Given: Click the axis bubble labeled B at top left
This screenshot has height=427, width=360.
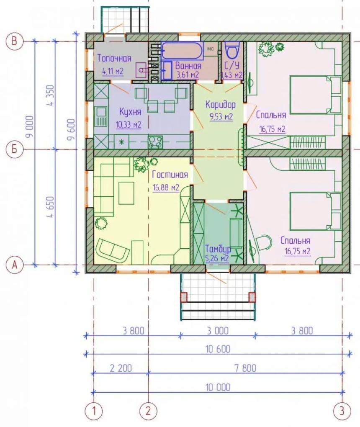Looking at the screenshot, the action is click(14, 41).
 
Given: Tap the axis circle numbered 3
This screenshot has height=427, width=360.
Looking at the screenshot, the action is click(342, 410).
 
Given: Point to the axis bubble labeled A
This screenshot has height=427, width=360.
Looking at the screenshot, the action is click(14, 264).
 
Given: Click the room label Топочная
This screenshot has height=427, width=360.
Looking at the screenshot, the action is click(114, 58).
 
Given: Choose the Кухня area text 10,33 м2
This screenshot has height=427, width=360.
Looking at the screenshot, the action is click(129, 125).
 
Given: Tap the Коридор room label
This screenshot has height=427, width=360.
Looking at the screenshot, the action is click(220, 105).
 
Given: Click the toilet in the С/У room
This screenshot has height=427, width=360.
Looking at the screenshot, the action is click(232, 51).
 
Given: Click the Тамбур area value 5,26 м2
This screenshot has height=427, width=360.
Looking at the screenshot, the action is click(216, 258).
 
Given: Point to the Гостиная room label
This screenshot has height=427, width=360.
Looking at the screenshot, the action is click(170, 174).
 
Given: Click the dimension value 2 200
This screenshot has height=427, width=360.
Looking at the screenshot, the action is click(121, 368).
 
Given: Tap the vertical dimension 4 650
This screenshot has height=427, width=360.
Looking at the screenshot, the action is click(51, 207).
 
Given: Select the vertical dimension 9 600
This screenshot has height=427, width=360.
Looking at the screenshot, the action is click(71, 129).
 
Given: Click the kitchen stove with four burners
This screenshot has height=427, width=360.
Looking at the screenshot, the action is click(155, 142).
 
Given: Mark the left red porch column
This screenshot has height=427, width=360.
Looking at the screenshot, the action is click(184, 297).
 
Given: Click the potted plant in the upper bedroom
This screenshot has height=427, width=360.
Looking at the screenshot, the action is click(266, 49).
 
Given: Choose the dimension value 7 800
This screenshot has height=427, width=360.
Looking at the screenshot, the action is click(245, 368).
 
